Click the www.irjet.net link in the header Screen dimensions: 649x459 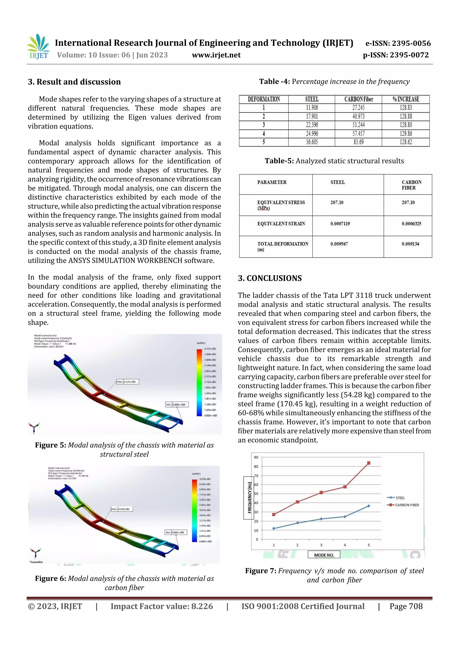pos(216,55)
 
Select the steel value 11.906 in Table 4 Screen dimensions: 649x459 pos(312,108)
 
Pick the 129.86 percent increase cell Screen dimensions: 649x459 pos(406,134)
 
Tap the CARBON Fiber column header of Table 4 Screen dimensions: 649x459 pos(358,99)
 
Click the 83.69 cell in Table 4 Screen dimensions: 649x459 pos(358,142)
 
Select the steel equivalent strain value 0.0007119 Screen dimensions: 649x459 pos(340,224)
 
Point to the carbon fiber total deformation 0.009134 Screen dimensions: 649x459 pos(410,244)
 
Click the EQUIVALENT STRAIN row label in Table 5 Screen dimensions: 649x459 pos(281,224)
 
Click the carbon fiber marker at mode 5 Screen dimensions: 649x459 pos(368,463)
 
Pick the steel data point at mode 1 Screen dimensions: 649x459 pos(273,528)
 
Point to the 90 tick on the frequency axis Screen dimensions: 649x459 pos(256,457)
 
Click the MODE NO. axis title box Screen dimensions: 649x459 pos(324,555)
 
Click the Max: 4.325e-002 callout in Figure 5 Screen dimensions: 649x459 pos(128,382)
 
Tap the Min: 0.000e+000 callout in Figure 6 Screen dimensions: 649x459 pos(176,532)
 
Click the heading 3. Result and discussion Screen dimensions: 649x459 pos(74,82)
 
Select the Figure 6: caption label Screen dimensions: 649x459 pos(51,578)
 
